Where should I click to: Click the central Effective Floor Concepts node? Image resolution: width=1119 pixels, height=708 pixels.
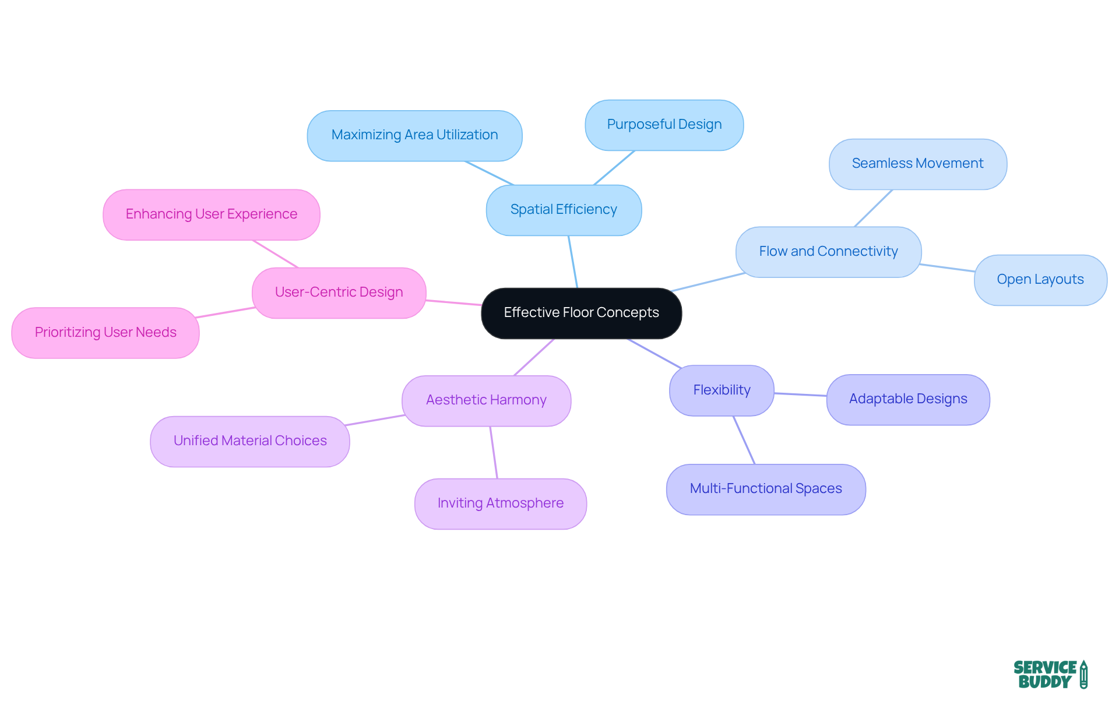(581, 313)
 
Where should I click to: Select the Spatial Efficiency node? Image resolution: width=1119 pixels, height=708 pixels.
(564, 210)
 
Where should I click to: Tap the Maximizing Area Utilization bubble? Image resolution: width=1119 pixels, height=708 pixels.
(414, 135)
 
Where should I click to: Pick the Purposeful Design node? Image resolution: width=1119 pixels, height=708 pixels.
(664, 125)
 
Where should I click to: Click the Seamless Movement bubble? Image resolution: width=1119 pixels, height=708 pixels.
(917, 164)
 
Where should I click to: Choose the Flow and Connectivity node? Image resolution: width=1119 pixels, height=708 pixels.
(828, 252)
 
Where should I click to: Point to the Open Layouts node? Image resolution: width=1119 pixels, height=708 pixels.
(1040, 280)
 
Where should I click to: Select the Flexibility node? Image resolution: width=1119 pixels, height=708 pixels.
(722, 390)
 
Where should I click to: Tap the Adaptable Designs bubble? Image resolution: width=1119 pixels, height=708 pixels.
(907, 399)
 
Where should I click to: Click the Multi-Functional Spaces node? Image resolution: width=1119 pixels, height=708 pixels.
(765, 489)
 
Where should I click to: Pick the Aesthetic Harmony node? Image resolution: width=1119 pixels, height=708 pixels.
(486, 400)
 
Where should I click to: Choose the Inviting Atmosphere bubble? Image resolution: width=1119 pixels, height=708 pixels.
(500, 503)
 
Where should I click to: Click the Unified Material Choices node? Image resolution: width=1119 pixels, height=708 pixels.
(249, 441)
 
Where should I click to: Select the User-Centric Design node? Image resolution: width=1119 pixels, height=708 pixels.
(339, 293)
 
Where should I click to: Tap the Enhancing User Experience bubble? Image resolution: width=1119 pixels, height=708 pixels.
(211, 214)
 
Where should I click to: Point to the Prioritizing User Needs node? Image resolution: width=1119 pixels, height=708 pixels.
(105, 333)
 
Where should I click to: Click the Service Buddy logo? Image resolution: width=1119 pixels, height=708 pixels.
(1050, 675)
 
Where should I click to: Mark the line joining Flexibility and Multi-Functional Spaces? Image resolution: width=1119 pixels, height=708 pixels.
(744, 440)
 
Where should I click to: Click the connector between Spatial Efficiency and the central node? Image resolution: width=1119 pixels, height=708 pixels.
(573, 262)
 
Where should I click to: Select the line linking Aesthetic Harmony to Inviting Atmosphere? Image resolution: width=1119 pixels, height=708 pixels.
(494, 452)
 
